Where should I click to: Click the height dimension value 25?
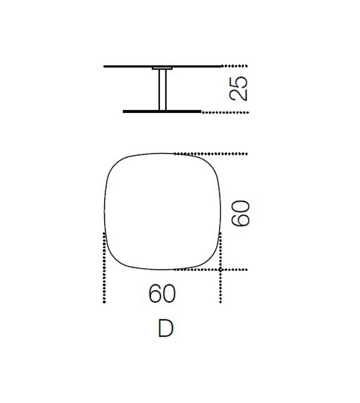(240, 89)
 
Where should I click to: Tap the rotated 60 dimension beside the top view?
(240, 213)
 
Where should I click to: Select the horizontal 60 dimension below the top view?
(162, 293)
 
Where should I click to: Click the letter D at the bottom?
(165, 328)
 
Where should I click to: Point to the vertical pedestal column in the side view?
(162, 90)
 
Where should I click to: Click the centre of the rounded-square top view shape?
(162, 211)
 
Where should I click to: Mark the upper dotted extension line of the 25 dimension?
(235, 65)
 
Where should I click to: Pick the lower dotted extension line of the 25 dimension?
(226, 112)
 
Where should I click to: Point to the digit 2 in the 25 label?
(240, 95)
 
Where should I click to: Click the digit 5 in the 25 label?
(240, 82)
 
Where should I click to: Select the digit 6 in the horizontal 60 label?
(154, 293)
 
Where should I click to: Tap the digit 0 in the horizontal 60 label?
(169, 293)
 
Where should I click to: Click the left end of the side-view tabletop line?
(105, 65)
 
